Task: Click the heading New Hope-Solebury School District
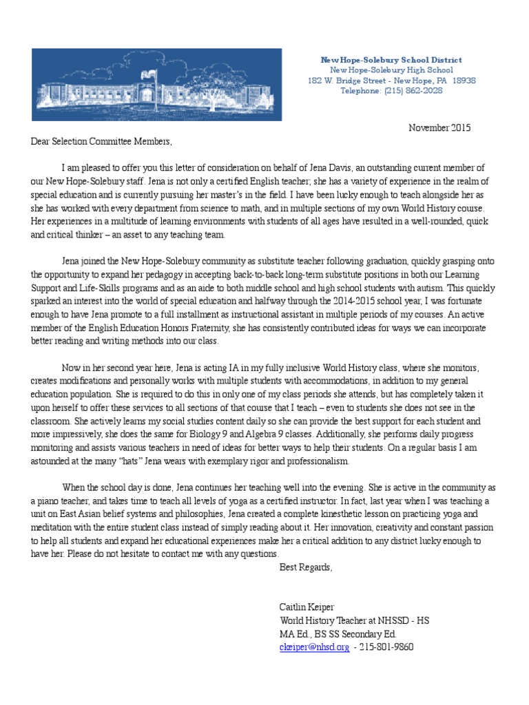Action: tap(391, 60)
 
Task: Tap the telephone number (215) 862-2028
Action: tap(414, 91)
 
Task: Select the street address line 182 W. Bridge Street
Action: tap(391, 81)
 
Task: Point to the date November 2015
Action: tap(440, 128)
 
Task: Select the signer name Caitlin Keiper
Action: tap(307, 607)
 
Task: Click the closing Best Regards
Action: tap(305, 567)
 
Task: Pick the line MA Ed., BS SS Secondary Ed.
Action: tap(338, 634)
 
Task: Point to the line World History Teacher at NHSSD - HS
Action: tap(354, 620)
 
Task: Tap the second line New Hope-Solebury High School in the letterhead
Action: tap(391, 70)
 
